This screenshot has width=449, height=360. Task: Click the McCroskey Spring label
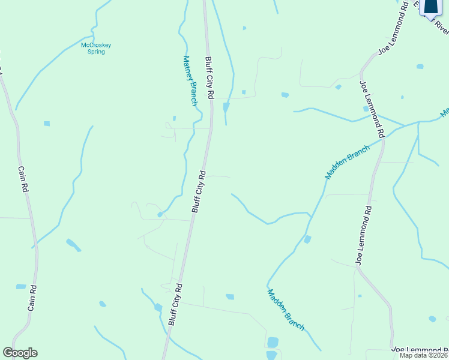click(96, 48)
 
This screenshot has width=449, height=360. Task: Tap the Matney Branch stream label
click(190, 80)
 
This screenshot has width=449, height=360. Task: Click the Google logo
click(20, 353)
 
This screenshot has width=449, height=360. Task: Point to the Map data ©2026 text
click(424, 355)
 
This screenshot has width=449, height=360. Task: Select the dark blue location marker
click(430, 6)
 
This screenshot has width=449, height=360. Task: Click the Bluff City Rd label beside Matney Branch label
click(209, 78)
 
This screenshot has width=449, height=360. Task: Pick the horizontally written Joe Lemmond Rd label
click(420, 349)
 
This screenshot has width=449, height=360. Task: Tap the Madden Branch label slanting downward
click(286, 310)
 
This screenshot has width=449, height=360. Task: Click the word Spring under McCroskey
click(96, 52)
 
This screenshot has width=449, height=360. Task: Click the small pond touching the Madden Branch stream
click(307, 239)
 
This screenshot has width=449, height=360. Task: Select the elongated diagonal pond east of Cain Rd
click(73, 244)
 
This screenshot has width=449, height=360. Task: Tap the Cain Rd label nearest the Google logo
click(32, 297)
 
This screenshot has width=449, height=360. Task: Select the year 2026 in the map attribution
click(441, 355)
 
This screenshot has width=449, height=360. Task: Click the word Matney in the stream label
click(187, 67)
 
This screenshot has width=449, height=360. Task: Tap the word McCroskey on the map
click(96, 44)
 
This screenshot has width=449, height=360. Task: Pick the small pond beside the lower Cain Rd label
click(21, 287)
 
